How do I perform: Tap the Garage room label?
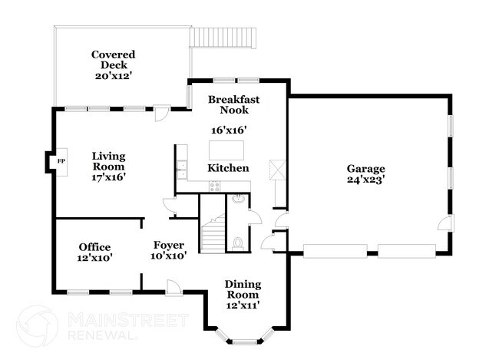coord(365,169)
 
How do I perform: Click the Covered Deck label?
coord(113,61)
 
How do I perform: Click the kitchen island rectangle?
coord(227,147)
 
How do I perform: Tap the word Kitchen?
coord(228,168)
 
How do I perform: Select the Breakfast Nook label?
coord(234,104)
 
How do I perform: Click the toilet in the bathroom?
coord(238,243)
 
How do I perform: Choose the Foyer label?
coord(168,246)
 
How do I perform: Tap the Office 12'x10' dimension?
coord(95,259)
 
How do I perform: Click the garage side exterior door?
coord(444,223)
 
